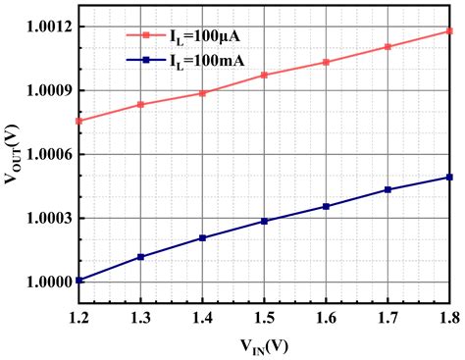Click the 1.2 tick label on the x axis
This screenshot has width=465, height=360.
coord(78,316)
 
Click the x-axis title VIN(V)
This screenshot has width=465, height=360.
coord(264,345)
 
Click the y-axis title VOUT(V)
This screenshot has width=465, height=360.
coord(14,154)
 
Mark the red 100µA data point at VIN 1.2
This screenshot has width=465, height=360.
coord(78,121)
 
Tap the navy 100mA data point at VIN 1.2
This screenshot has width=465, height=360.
coord(78,281)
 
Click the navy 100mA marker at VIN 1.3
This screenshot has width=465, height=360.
coord(141,257)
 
